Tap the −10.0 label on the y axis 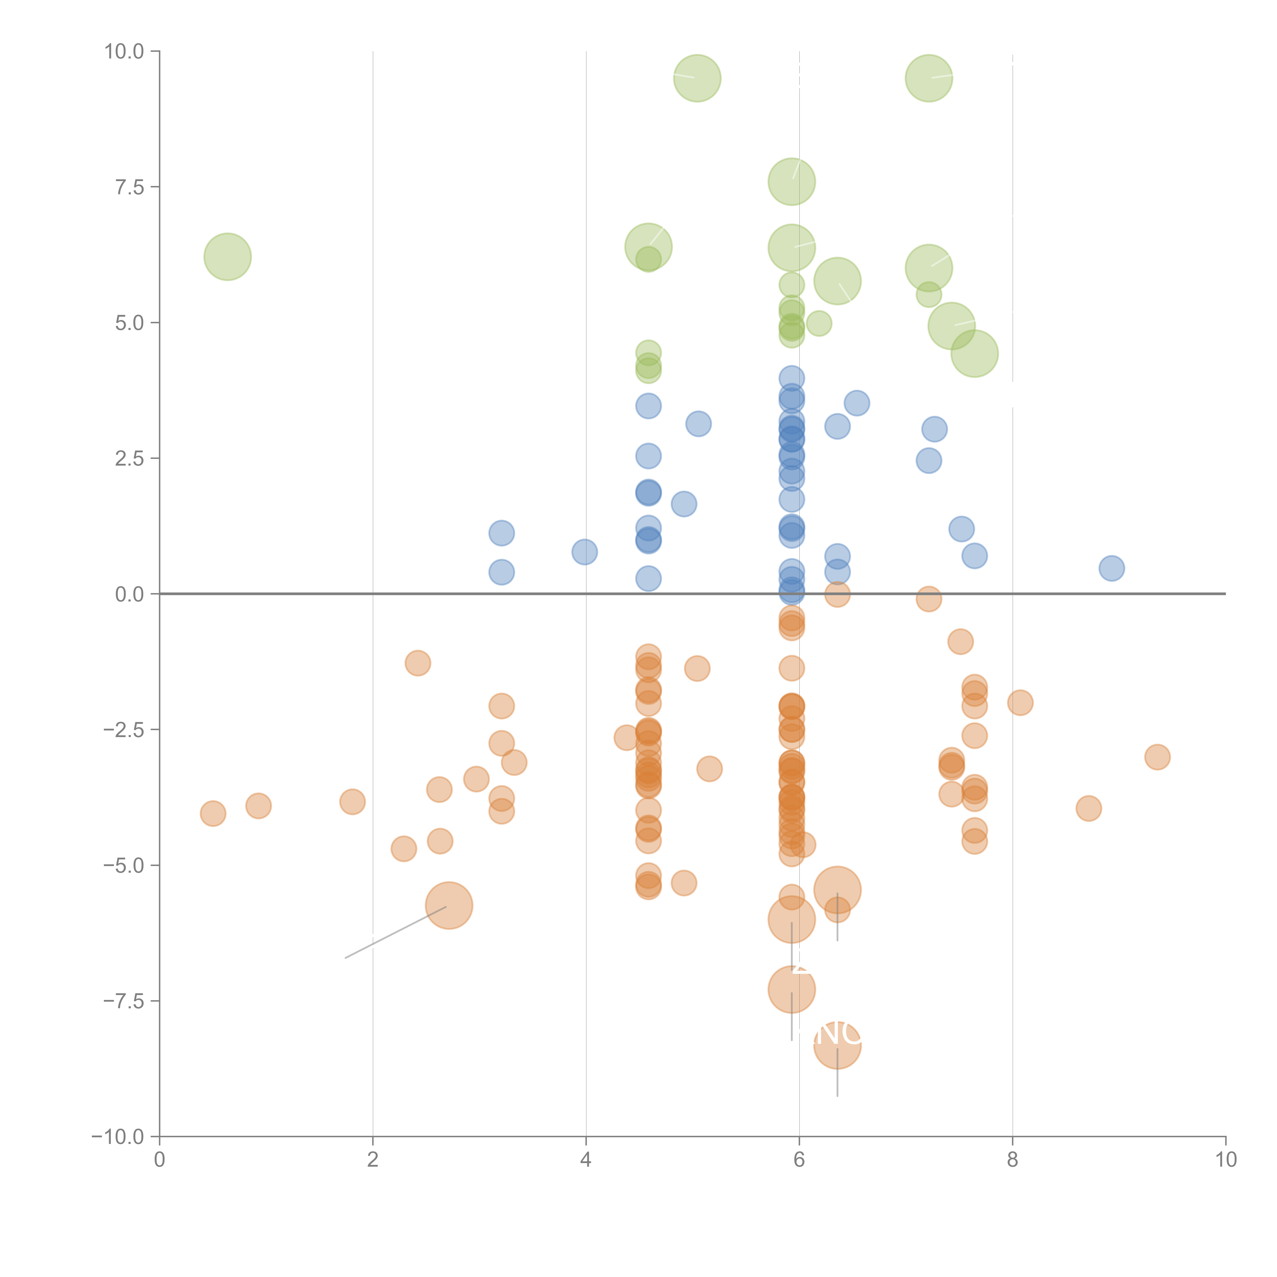(x=118, y=1137)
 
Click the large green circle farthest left (x=227, y=256)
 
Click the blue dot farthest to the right (x=1112, y=568)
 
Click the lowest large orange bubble (x=837, y=1044)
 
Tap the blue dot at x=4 (x=584, y=551)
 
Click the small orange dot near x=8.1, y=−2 (x=1020, y=703)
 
